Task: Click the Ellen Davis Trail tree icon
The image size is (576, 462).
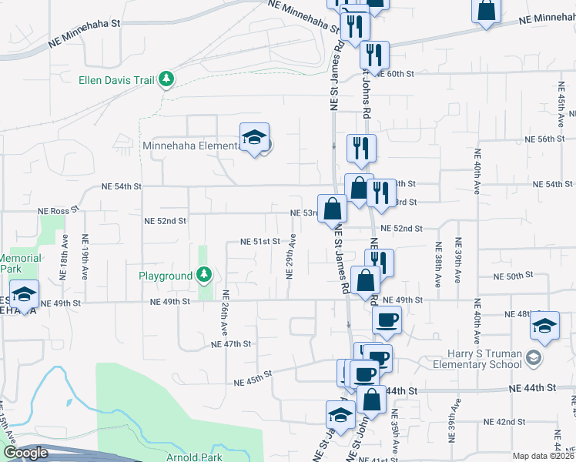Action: coord(166,79)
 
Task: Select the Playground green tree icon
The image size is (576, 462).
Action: coord(203,275)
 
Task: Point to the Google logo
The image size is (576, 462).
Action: coord(25,453)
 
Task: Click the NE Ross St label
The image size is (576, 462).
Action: coord(59,209)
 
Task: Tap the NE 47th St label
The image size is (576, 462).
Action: coord(231,344)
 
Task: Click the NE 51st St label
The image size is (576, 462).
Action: coord(259,241)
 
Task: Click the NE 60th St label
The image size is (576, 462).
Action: coord(399,73)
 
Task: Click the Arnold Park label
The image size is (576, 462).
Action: coord(193,457)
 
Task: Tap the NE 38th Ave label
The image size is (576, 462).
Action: coord(437,261)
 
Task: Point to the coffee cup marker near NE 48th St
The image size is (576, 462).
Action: coord(387,320)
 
